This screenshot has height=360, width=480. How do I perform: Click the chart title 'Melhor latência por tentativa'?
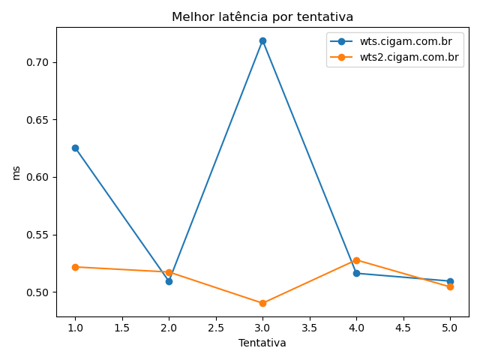(262, 16)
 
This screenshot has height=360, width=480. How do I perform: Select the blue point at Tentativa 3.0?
(262, 40)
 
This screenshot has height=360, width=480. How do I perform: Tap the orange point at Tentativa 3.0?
(262, 303)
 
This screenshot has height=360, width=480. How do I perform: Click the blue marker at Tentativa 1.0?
(75, 148)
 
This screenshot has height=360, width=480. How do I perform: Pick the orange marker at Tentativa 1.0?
(75, 267)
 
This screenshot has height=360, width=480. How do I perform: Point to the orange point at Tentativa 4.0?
(356, 260)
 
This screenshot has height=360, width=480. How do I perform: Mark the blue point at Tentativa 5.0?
(450, 281)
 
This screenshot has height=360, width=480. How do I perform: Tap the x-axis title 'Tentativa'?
(262, 343)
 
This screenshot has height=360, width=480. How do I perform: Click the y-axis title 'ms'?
(16, 172)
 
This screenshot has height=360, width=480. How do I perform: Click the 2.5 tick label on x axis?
(216, 328)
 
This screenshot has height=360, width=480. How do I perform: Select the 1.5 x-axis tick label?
(122, 328)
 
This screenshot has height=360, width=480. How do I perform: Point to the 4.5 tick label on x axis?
(403, 328)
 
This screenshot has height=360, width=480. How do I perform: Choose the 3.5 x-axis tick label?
(310, 328)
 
